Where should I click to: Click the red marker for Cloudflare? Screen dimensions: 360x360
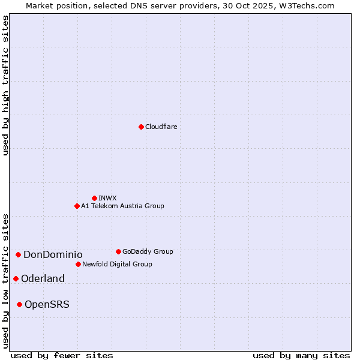coord(141,127)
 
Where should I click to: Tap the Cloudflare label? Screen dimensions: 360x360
coord(161,127)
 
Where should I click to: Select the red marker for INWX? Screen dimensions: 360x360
coord(94,198)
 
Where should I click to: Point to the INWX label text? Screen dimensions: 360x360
coord(107,198)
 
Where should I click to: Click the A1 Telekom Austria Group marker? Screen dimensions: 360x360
coord(77,206)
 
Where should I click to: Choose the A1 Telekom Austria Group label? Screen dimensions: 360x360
coord(122,206)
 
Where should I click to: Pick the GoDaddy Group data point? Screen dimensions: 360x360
coord(118,251)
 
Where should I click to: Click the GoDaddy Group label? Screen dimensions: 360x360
coord(148,251)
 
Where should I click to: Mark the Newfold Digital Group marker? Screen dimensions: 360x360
coord(78,264)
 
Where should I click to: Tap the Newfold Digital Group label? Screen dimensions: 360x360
coord(117,264)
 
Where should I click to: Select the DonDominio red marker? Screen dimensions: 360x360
coord(19,255)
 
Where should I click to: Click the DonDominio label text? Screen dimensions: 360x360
coord(53,255)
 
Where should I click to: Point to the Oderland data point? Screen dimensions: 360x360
coord(16,278)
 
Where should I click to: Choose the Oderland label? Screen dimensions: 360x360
coord(43,278)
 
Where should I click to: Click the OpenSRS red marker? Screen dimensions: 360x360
coord(19,305)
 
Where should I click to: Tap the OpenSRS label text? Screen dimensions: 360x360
coord(47,305)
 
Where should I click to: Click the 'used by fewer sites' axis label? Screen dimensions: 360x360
coord(62,355)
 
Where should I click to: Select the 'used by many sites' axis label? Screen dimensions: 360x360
coord(301,355)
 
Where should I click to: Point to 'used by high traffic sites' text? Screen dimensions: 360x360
coord(5,85)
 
